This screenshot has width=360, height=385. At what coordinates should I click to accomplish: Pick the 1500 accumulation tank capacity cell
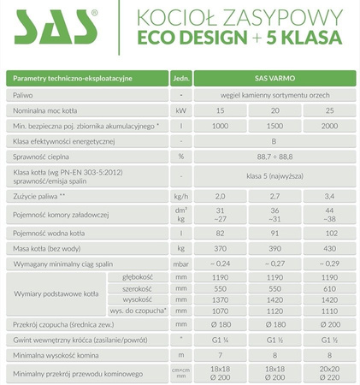pyautogui.click(x=276, y=125)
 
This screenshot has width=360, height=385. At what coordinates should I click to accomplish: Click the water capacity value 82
pyautogui.click(x=221, y=233)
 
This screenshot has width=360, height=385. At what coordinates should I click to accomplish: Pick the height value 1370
pyautogui.click(x=221, y=300)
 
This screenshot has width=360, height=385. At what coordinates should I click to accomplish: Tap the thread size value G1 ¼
pyautogui.click(x=221, y=340)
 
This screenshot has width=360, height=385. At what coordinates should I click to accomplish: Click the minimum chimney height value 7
pyautogui.click(x=221, y=354)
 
